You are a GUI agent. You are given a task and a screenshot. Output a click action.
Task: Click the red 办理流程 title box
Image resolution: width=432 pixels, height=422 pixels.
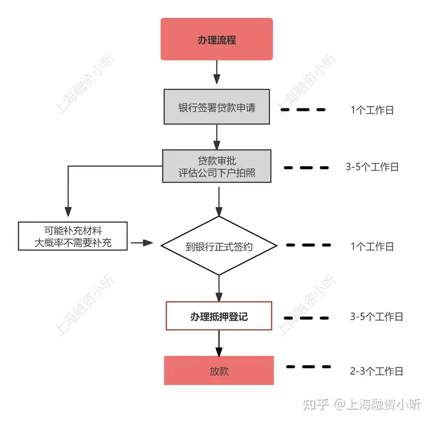point(217,39)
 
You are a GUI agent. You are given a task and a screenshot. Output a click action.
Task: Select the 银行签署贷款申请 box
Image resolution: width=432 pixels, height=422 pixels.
point(217,107)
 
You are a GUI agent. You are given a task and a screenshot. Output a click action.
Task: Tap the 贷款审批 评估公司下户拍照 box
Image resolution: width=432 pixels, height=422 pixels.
point(217,166)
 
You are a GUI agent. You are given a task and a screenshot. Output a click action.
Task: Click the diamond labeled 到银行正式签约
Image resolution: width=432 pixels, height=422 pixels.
point(219,246)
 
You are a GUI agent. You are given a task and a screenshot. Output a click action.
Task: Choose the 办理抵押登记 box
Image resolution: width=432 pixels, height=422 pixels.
point(219,316)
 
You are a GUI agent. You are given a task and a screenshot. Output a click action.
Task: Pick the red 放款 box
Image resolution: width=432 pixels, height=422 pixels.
point(219,370)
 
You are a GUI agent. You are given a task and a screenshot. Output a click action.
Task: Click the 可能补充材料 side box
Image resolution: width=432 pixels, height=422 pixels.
point(73,236)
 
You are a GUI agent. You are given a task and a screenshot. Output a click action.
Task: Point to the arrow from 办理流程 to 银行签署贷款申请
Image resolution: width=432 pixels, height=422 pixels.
point(217,72)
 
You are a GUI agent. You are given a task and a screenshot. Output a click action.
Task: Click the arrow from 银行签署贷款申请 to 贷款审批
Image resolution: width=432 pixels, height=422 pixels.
point(217,137)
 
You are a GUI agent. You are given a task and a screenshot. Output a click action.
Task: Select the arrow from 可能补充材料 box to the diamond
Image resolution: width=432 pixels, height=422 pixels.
point(142,243)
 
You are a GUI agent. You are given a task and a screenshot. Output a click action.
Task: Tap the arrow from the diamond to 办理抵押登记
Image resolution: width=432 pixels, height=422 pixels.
point(219,288)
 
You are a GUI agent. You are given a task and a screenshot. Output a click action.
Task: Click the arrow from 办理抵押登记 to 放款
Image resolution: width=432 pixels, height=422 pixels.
point(219,343)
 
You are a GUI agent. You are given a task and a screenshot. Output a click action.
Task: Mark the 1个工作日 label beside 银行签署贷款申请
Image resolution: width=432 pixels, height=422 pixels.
point(372,110)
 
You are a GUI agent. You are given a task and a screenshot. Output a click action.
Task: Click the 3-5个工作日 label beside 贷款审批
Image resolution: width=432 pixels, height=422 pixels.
point(372,167)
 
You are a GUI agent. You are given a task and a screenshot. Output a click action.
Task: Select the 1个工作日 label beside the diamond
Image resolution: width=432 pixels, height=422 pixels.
point(372,246)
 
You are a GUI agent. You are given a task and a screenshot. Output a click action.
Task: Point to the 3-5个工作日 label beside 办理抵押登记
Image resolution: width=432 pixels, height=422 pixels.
point(376,316)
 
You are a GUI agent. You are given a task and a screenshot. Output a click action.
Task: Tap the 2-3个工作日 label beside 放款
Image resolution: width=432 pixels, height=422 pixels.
point(376,371)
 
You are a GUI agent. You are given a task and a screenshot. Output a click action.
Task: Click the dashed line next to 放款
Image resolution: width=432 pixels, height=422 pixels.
point(308,367)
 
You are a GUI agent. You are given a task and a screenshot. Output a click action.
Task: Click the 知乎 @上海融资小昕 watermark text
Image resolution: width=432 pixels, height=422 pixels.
point(362,405)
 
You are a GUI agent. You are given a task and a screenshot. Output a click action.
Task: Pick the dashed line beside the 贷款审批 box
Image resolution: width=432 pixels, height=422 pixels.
point(306,168)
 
